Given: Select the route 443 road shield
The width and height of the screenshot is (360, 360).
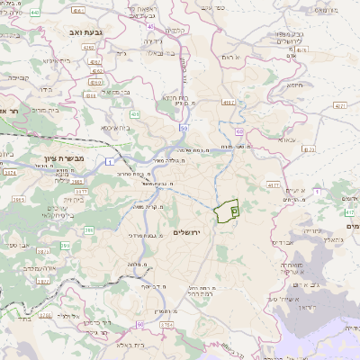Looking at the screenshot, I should click(x=35, y=13).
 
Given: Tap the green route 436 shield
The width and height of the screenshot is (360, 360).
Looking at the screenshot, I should click(x=134, y=114).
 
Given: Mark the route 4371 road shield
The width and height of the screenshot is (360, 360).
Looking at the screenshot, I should click(x=339, y=105).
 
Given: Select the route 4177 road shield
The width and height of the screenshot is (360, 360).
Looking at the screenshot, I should click(x=272, y=184).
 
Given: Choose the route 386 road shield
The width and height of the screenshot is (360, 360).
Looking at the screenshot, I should click(x=89, y=230).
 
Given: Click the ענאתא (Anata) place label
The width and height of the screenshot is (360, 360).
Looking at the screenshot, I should click(x=288, y=141).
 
